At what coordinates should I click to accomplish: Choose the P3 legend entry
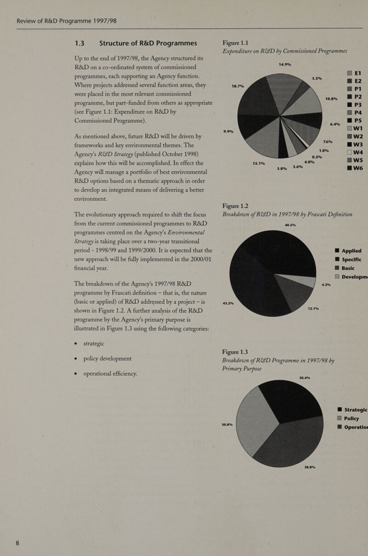click(x=352, y=105)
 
